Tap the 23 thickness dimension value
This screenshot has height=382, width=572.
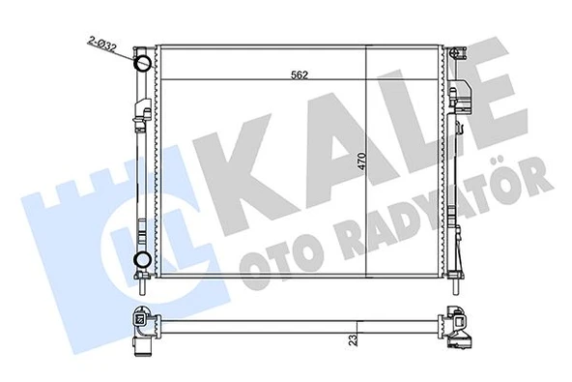(x=356, y=339)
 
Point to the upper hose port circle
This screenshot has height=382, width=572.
(x=142, y=65)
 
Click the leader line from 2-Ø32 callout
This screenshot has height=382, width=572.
(x=121, y=52)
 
